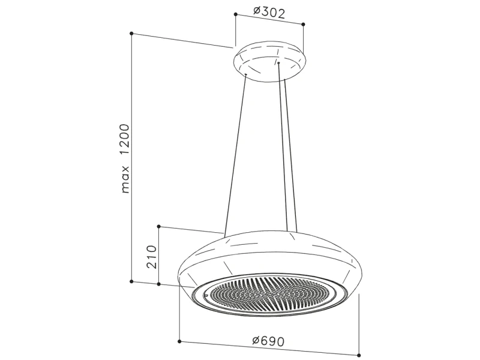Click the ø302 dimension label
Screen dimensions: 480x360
269,13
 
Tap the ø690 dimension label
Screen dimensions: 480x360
268,340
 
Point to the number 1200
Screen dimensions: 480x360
125,140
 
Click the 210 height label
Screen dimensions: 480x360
152,257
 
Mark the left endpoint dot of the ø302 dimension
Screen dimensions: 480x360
235,14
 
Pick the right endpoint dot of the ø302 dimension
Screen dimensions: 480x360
303,24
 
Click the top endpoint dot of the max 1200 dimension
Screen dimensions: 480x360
131,33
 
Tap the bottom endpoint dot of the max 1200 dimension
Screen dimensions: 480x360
131,281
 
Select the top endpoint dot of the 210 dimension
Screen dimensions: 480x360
158,227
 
